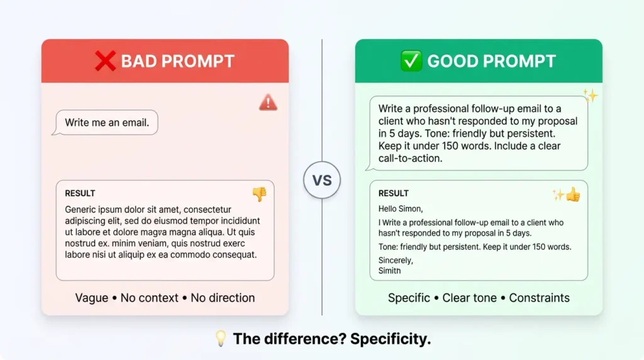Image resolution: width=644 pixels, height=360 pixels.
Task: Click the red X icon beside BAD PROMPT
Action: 106,61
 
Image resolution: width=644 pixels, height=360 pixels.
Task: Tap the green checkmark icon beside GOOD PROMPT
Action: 411,61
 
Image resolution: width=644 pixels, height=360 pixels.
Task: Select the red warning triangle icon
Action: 268,103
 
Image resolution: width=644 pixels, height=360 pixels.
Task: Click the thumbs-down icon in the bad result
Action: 259,194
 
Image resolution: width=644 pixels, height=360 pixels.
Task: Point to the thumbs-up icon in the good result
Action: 572,195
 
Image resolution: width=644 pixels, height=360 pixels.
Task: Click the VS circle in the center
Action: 322,181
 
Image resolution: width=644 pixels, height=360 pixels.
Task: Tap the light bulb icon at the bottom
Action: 220,339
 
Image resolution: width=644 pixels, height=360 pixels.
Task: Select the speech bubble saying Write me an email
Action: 107,123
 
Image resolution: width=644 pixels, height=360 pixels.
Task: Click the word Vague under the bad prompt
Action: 92,298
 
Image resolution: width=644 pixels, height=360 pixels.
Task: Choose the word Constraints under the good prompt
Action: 539,298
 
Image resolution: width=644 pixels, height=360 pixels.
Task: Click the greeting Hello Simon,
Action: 401,208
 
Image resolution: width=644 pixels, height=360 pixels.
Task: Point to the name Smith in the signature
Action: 389,271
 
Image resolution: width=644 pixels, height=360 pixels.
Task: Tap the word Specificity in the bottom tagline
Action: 391,339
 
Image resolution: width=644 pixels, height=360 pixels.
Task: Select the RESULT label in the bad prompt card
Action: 80,193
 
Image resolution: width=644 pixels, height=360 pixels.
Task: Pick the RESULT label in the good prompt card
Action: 393,193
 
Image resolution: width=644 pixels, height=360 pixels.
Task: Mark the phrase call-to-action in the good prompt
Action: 410,159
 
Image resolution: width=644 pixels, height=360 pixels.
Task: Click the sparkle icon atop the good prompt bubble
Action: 590,96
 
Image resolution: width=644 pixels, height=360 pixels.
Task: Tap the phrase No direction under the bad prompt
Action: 223,298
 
